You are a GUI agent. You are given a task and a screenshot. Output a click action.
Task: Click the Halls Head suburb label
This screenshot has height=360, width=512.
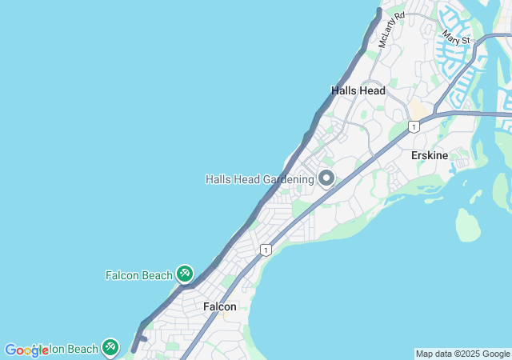(x=358, y=90)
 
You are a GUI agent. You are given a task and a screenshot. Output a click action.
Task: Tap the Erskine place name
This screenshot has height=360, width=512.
(x=430, y=155)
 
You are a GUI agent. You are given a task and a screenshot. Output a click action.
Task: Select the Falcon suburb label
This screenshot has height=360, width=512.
(x=219, y=306)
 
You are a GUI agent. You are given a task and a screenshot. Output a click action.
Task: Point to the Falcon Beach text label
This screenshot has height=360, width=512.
(x=138, y=275)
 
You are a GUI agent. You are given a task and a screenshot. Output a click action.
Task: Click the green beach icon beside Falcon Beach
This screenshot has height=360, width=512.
(x=185, y=274)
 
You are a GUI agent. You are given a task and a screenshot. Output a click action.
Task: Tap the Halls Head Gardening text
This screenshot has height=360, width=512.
(x=259, y=179)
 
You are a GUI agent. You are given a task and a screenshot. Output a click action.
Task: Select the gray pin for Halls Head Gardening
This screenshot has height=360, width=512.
(x=326, y=178)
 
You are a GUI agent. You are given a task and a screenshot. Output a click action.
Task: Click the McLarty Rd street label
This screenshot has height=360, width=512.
(x=392, y=29)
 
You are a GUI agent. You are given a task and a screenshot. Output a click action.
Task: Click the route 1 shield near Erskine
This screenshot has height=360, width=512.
(x=414, y=126)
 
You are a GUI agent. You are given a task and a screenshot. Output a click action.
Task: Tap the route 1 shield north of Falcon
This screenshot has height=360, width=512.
(x=266, y=250)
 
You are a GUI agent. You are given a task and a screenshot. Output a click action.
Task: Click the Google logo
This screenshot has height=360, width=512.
(x=26, y=350)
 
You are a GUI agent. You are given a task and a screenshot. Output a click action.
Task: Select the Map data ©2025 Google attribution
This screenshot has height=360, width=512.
(x=462, y=354)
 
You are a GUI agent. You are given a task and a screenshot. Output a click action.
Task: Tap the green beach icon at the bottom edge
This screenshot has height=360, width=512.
(x=110, y=347)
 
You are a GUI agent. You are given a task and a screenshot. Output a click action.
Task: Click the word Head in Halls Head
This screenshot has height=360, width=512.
(x=372, y=90)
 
